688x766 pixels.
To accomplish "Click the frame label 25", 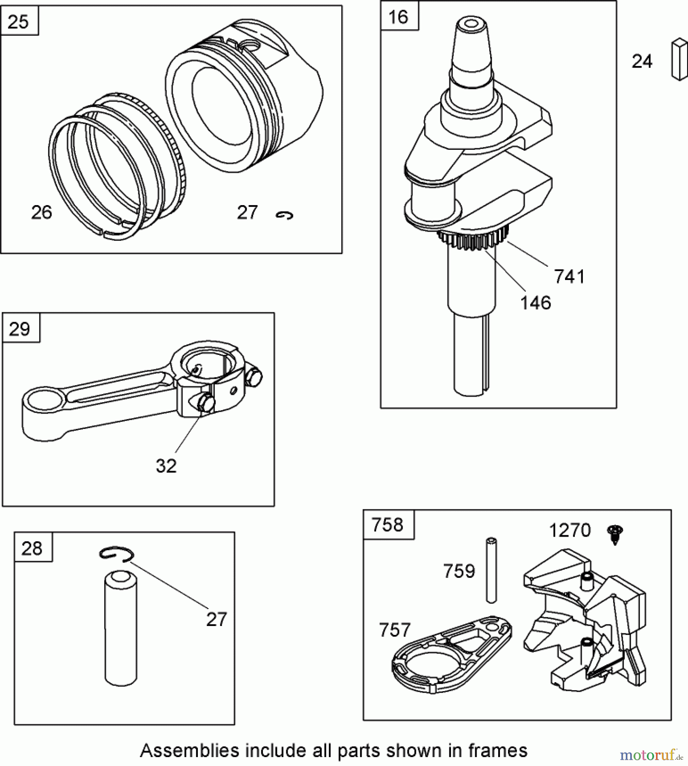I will point(18,21).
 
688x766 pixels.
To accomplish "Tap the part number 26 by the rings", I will point(42,212).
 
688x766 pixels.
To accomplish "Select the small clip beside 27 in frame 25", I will point(284,216).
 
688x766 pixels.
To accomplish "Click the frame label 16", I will point(398,17).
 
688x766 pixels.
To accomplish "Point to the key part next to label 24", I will point(679,59).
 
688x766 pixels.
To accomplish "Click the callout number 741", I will point(569,277).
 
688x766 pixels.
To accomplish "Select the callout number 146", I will point(535,303).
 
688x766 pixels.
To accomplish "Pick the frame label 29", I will point(20,329).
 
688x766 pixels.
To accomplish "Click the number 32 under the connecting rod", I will point(166,466).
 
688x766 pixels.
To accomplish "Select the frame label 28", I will point(32,548).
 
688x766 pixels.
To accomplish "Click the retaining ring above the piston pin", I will point(117,554).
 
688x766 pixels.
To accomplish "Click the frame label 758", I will point(387,525).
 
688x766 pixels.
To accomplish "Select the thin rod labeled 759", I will point(491,570).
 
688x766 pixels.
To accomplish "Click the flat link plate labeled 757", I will point(451,655).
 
